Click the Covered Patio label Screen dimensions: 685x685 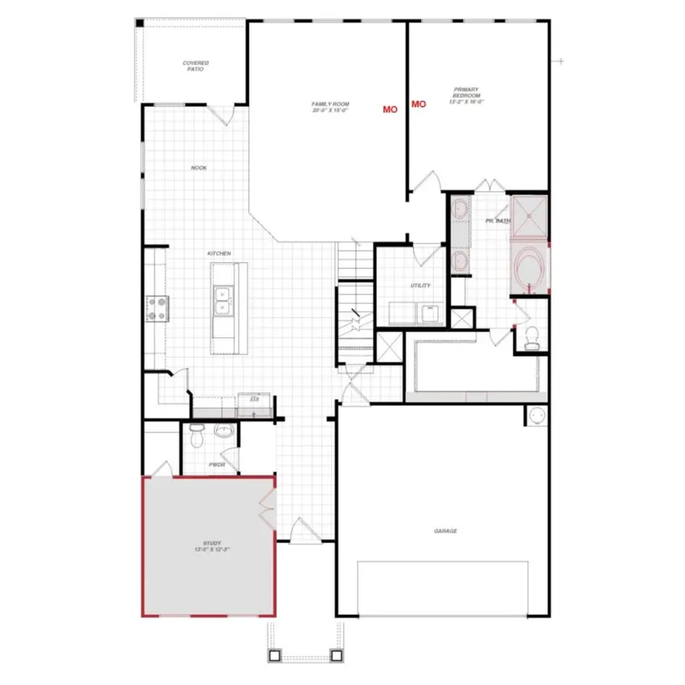pyautogui.click(x=196, y=66)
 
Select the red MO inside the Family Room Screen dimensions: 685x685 pyautogui.click(x=390, y=110)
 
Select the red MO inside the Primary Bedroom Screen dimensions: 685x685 pyautogui.click(x=419, y=104)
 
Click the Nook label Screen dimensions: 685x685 pyautogui.click(x=199, y=168)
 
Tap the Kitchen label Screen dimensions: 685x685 pyautogui.click(x=219, y=253)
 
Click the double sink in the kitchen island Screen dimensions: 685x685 pyautogui.click(x=224, y=300)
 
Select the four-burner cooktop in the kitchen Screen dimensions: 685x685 pyautogui.click(x=158, y=308)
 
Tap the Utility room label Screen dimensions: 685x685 pyautogui.click(x=420, y=285)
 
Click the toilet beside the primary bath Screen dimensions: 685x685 pyautogui.click(x=533, y=337)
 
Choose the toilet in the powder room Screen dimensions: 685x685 pyautogui.click(x=196, y=437)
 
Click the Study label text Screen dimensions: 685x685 pyautogui.click(x=212, y=546)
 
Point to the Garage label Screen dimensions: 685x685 pyautogui.click(x=445, y=531)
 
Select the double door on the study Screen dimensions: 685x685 pyautogui.click(x=266, y=509)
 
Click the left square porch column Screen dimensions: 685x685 pyautogui.click(x=275, y=655)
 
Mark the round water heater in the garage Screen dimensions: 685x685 pyautogui.click(x=537, y=416)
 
